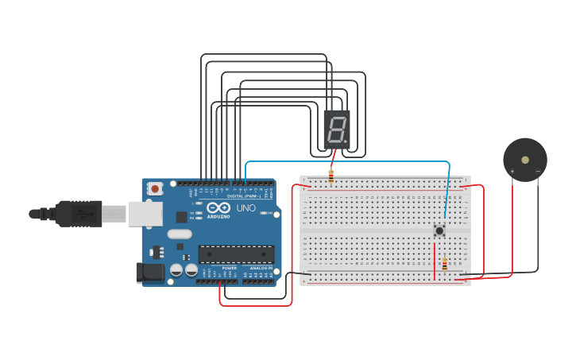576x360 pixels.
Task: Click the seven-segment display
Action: [337, 129]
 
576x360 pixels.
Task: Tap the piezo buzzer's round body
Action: [525, 159]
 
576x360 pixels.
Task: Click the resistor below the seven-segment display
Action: [331, 176]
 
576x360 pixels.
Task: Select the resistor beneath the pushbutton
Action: [444, 264]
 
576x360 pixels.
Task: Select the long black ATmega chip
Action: [236, 254]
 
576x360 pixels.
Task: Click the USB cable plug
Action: [79, 214]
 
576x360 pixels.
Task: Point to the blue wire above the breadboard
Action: [350, 162]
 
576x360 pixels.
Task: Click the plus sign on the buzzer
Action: [512, 171]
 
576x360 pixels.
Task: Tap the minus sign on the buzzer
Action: [538, 171]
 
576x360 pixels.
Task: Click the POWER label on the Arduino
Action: [229, 269]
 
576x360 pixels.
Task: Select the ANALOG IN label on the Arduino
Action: [260, 269]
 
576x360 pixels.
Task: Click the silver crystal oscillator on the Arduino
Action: [180, 234]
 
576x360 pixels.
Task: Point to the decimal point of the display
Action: [346, 141]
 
